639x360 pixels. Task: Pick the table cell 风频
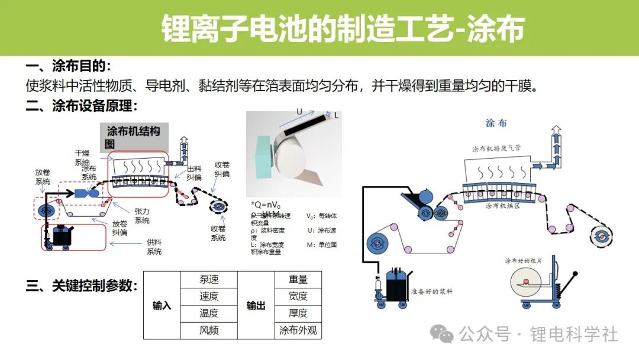[209, 330]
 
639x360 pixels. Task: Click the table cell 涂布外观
[298, 330]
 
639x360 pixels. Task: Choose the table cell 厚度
[298, 313]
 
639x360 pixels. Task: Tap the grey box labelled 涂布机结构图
[134, 137]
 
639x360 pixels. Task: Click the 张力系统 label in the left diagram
[142, 216]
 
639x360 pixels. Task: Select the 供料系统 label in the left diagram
[154, 246]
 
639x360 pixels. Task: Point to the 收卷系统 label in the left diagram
[218, 233]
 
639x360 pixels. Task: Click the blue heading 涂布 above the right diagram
[496, 123]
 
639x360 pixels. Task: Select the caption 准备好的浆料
[433, 292]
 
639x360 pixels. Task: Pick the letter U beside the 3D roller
[299, 111]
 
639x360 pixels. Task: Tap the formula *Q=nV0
[266, 205]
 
